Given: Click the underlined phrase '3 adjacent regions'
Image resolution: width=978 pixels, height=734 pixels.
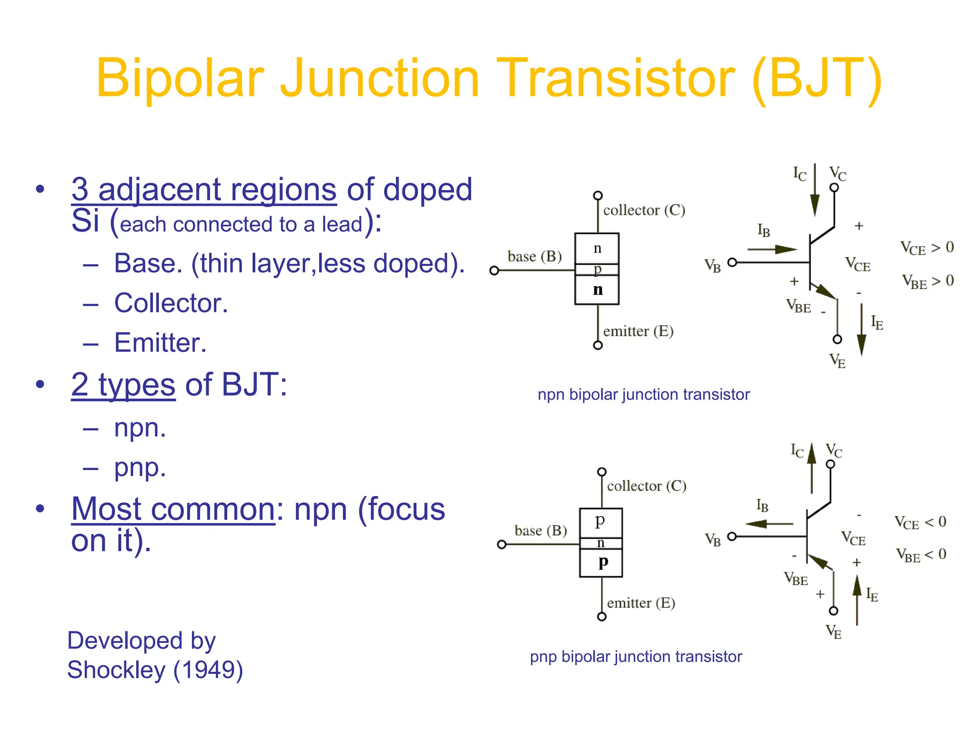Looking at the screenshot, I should [204, 190].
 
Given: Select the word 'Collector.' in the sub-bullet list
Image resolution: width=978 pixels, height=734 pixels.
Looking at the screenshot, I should [171, 303].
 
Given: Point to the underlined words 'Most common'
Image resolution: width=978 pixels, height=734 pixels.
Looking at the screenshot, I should [173, 509].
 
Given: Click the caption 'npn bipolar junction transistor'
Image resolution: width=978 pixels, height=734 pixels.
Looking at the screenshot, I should [643, 395].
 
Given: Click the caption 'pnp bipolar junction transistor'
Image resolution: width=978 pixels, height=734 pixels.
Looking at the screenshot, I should [636, 657].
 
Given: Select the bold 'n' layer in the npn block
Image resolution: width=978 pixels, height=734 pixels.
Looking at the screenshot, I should [597, 290].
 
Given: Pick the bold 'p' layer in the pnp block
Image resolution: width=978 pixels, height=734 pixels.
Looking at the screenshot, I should [603, 562].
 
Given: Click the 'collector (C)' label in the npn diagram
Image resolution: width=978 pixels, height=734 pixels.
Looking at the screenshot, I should [644, 210].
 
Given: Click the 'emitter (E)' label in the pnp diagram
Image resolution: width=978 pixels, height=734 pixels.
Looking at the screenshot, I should [641, 603].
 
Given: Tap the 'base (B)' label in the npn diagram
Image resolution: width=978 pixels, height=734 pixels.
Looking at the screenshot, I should [534, 257].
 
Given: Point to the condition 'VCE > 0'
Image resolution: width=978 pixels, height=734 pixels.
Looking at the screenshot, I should [927, 248].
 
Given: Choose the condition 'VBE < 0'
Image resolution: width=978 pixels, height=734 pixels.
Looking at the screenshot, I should [921, 555].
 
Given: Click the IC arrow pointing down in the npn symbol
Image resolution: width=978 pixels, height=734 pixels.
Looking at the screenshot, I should [815, 191].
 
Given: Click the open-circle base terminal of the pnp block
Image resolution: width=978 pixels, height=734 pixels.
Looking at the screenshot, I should [501, 545].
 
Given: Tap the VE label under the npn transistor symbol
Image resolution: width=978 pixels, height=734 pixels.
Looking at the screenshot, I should [837, 361].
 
